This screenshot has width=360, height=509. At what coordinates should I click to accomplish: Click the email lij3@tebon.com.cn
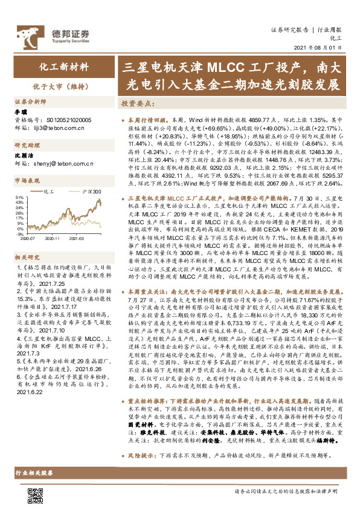click(x=60, y=128)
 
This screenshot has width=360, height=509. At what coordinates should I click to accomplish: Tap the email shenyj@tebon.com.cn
click(x=62, y=163)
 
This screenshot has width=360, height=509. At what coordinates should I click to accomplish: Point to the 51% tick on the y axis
click(x=18, y=198)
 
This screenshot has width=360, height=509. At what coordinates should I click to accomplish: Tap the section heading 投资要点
click(x=137, y=103)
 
